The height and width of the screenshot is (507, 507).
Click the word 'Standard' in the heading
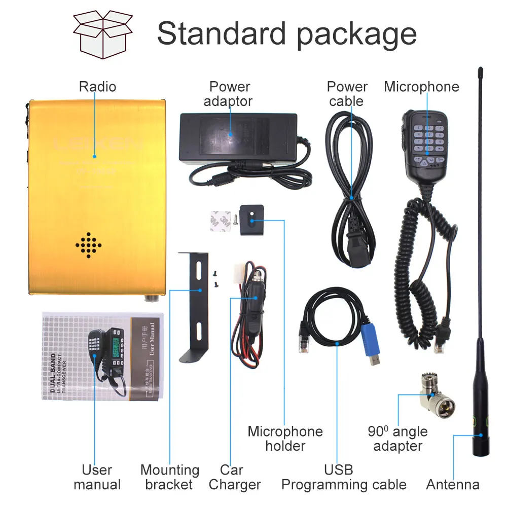pos(221,34)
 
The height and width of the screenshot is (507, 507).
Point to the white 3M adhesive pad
pos(220,221)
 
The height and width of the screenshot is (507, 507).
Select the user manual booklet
pos(103,355)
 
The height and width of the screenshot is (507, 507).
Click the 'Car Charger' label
pos(234,477)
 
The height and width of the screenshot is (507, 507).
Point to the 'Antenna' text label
pos(453,485)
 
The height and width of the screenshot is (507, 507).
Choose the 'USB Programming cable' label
pos(343,477)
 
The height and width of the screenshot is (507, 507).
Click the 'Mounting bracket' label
pos(169,477)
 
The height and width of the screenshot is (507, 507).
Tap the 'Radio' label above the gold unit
pos(97,87)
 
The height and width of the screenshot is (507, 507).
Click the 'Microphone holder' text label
pos(285,439)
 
